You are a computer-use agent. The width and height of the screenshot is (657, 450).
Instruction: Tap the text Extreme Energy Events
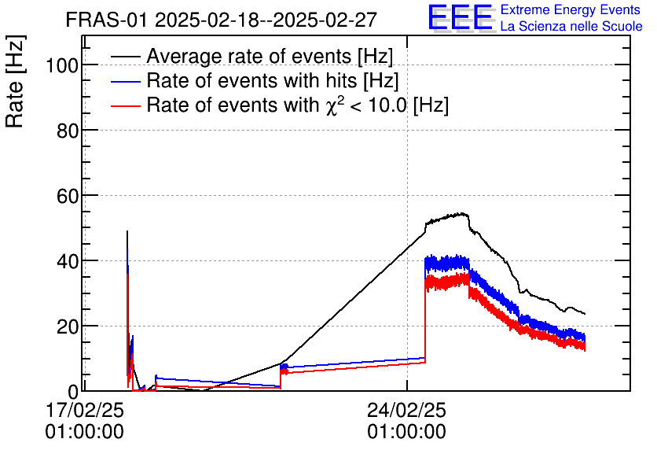[x=571, y=10]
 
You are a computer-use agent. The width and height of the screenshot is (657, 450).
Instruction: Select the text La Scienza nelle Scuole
[x=571, y=26]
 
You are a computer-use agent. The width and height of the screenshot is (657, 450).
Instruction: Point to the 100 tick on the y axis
[x=60, y=66]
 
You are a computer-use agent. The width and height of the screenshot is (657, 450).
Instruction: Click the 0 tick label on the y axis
[x=72, y=391]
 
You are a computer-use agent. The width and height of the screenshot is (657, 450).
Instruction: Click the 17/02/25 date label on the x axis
[x=84, y=411]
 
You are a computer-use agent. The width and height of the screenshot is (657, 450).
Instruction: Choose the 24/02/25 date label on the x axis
[x=406, y=411]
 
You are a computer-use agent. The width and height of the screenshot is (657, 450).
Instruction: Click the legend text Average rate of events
[x=270, y=57]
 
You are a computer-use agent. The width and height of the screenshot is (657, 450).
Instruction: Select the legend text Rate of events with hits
[x=273, y=81]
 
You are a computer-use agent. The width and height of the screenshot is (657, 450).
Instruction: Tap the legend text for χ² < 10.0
[x=297, y=105]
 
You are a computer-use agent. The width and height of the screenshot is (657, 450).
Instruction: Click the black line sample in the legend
[x=126, y=57]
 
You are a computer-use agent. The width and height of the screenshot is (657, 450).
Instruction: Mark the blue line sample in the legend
[x=126, y=82]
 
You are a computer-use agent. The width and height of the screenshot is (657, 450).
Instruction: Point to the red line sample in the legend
[x=126, y=106]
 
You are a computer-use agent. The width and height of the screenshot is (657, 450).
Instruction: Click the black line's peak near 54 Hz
[x=462, y=213]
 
